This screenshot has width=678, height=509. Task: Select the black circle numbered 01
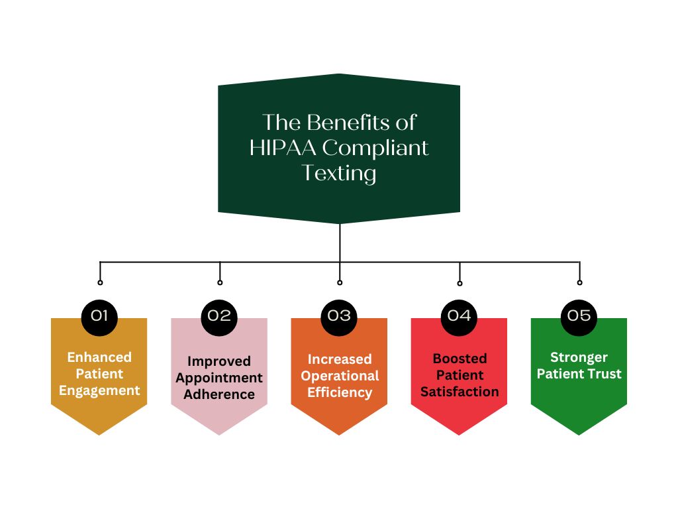point(99,315)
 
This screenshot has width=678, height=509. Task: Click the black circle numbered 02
point(219,315)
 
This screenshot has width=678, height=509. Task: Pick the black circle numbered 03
point(339,315)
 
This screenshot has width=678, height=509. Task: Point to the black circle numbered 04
point(459,315)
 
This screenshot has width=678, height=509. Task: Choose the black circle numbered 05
point(579,315)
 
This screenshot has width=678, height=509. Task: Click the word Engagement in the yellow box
point(99,390)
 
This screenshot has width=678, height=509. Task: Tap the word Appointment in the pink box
point(219,378)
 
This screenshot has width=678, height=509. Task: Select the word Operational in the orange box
point(340,376)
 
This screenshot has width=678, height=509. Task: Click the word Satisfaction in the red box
point(460,392)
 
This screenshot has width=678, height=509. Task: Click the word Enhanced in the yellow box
point(99,357)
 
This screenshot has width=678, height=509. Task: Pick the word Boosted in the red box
point(460,359)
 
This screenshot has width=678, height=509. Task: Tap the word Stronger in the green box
point(579,357)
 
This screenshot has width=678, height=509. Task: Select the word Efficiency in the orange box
point(340,392)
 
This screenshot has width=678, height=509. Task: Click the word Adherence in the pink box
point(219,394)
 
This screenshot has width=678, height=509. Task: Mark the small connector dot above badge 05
point(579,282)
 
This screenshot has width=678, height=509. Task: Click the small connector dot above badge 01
point(100,282)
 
